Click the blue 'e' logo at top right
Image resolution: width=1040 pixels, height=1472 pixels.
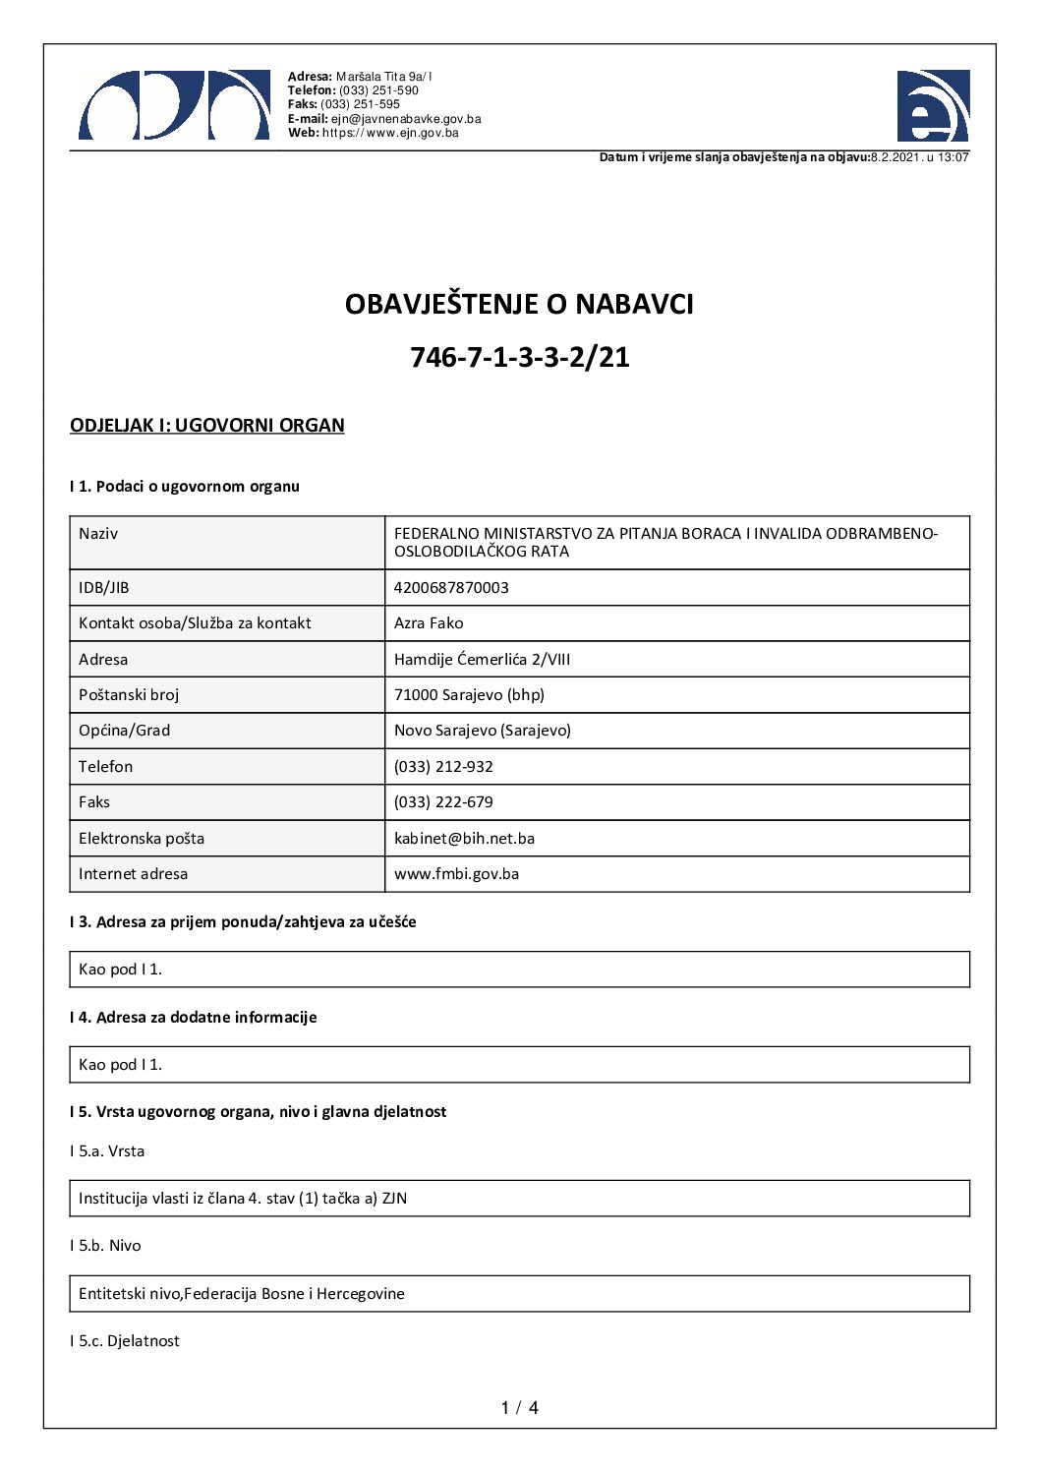click(x=932, y=106)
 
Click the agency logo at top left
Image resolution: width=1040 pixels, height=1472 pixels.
click(x=174, y=105)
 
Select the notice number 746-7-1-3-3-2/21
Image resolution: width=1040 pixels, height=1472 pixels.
click(x=519, y=357)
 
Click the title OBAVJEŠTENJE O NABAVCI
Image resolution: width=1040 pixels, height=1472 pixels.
click(x=519, y=305)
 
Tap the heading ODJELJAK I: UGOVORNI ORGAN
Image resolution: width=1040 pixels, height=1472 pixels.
click(x=206, y=426)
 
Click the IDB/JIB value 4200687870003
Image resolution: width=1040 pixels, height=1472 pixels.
click(x=451, y=588)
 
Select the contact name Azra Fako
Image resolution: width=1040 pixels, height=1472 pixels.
click(x=429, y=623)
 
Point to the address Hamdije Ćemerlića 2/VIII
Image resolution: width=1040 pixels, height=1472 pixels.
click(x=482, y=660)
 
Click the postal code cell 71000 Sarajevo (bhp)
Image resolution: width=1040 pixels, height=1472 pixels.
click(x=469, y=695)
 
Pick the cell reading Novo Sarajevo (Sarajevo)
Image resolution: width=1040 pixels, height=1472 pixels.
click(x=482, y=731)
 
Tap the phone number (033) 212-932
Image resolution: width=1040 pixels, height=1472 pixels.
click(x=443, y=767)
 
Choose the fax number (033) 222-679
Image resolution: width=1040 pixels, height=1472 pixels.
click(x=443, y=802)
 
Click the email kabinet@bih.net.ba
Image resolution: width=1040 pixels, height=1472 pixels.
click(x=464, y=839)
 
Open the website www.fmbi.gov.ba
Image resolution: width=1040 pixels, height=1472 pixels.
click(x=456, y=874)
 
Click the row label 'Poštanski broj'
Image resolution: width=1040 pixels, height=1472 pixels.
click(x=129, y=695)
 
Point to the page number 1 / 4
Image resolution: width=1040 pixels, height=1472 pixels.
click(x=519, y=1408)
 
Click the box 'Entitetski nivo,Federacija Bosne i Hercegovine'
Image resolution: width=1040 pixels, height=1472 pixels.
click(x=242, y=1294)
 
